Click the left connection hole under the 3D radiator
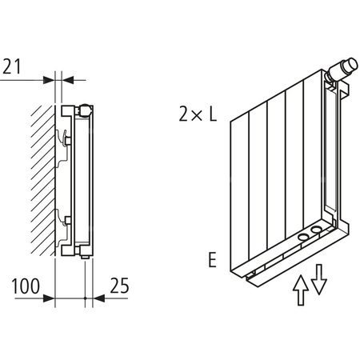304,237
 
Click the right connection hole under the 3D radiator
319,231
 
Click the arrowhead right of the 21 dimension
67,79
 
